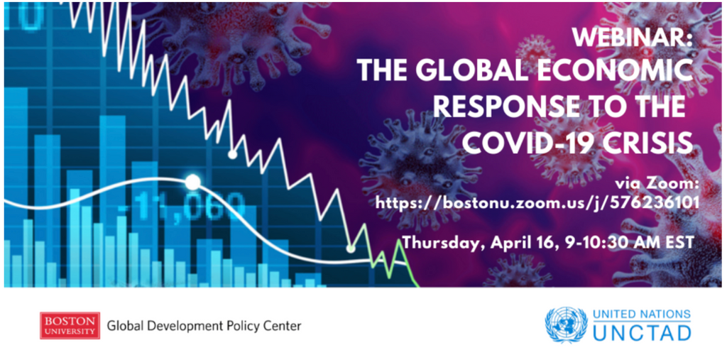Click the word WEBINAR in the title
pos(632,38)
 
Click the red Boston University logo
pos(70,325)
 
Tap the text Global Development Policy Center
pos(204,326)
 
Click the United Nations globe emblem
pos(566,325)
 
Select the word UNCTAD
pos(642,332)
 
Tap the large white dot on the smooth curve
pos(193,182)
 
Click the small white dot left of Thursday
pos(351,249)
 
